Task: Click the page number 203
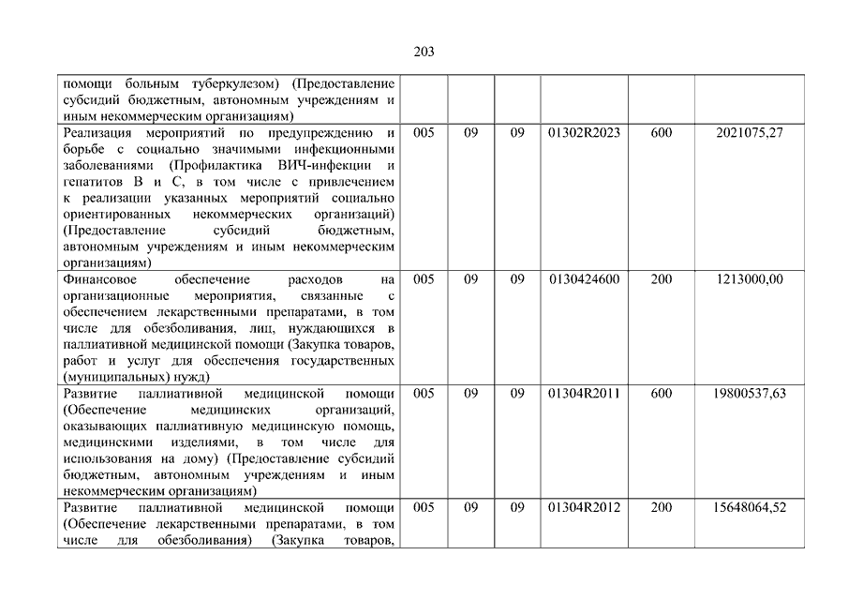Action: click(x=424, y=52)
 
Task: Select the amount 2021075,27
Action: click(x=749, y=133)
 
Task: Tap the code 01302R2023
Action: click(x=584, y=133)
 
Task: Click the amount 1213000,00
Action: click(x=749, y=279)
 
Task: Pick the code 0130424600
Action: click(x=584, y=279)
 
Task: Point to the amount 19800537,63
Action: click(x=749, y=394)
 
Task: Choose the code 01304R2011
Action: click(x=584, y=394)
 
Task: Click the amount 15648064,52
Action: click(x=749, y=508)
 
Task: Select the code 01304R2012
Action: click(x=584, y=508)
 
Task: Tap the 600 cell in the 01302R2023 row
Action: click(x=661, y=133)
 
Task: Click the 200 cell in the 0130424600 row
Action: click(x=661, y=279)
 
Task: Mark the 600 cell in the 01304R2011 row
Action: click(x=661, y=394)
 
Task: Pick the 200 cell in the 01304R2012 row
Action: click(x=661, y=508)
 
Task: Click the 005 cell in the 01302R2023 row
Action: click(x=424, y=133)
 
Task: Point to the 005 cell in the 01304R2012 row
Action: click(x=424, y=508)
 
